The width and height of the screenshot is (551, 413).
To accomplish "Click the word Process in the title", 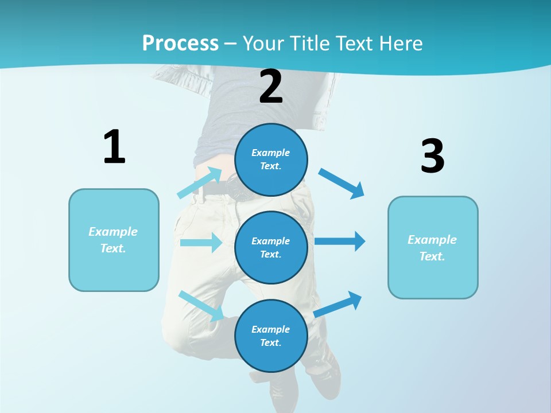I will [180, 43].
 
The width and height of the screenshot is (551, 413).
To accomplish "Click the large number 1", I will [114, 147].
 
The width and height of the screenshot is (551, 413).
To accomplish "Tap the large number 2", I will [271, 87].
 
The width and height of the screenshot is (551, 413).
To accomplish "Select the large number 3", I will [432, 157].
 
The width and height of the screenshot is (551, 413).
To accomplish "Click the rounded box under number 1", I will [114, 240].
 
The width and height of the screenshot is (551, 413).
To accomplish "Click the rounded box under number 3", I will [433, 248].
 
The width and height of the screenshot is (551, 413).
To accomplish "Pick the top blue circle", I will [271, 159].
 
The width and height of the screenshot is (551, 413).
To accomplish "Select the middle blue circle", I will [271, 247].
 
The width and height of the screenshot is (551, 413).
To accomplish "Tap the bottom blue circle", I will [271, 336].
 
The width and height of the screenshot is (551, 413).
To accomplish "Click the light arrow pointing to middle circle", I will [201, 243].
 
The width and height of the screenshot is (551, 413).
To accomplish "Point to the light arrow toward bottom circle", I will [201, 305].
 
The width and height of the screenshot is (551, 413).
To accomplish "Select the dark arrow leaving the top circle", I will [342, 184].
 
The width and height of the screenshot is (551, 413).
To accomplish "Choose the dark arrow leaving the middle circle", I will [340, 241].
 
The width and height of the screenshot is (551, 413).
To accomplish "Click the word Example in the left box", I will [113, 232].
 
